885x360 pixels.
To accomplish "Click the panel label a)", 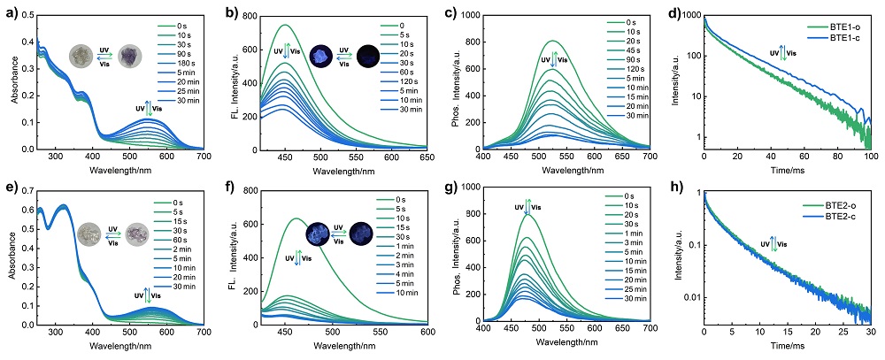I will click(x=9, y=10).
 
